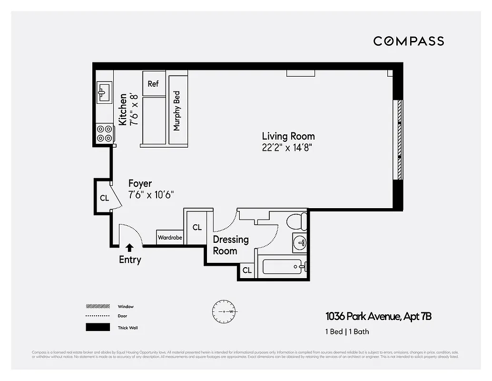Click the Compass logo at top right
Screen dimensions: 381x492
pyautogui.click(x=408, y=41)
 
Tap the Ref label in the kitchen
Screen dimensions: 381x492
pyautogui.click(x=153, y=84)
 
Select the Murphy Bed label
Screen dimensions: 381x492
pyautogui.click(x=177, y=111)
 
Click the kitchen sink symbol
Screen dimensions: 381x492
pyautogui.click(x=104, y=91)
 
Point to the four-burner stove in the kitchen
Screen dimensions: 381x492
pyautogui.click(x=104, y=133)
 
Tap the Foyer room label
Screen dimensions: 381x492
pyautogui.click(x=140, y=183)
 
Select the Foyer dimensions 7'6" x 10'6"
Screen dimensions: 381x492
pyautogui.click(x=151, y=195)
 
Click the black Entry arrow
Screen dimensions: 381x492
pyautogui.click(x=129, y=247)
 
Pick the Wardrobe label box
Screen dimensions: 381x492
pyautogui.click(x=170, y=237)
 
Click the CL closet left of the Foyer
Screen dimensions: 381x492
pyautogui.click(x=104, y=198)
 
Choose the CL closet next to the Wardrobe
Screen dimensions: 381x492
pyautogui.click(x=197, y=228)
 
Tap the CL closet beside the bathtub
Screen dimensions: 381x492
pyautogui.click(x=247, y=271)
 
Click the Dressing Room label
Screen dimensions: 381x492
pyautogui.click(x=230, y=245)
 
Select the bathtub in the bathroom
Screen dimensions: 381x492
pyautogui.click(x=283, y=267)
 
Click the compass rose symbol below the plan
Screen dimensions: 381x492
pyautogui.click(x=223, y=311)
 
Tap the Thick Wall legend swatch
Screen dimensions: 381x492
pyautogui.click(x=97, y=328)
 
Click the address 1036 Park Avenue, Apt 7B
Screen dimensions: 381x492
pyautogui.click(x=378, y=316)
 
